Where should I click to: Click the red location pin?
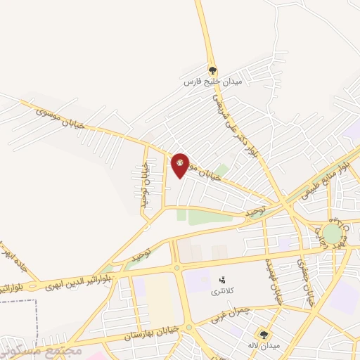[x=181, y=165]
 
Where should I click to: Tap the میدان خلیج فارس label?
[x=212, y=82]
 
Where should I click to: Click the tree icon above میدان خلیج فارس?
[x=212, y=70]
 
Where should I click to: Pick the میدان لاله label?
[x=264, y=346]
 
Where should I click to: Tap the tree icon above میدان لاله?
[x=264, y=335]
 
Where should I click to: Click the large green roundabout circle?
[x=333, y=232]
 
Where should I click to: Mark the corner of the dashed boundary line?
[x=34, y=300]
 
